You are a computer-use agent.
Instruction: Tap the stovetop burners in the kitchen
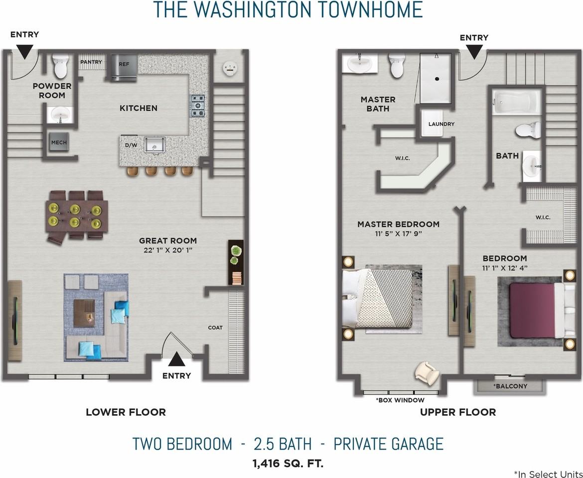(x=198, y=106)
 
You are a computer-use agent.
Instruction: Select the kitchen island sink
(x=154, y=144)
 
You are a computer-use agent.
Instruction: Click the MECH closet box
(x=59, y=142)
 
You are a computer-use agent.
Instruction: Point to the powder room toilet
(x=60, y=66)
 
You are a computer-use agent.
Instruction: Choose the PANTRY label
(x=91, y=62)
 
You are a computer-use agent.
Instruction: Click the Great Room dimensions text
(x=168, y=250)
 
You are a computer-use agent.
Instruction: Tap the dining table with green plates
(x=77, y=216)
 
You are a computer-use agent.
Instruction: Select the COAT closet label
(x=215, y=328)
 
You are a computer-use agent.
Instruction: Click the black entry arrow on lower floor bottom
(x=176, y=359)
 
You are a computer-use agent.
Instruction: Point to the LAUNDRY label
(x=441, y=124)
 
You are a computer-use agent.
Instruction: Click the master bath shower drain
(x=437, y=79)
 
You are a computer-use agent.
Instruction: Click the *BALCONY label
(x=510, y=386)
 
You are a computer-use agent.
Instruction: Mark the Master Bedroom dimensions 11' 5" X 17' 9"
(x=398, y=234)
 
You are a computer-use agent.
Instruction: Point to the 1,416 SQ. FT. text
(x=288, y=464)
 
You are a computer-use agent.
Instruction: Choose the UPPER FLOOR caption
(x=458, y=412)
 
